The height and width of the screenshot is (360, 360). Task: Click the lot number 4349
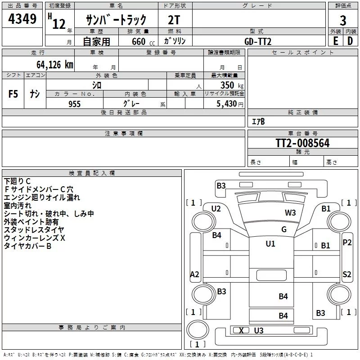point(22,18)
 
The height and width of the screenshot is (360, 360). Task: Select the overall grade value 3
point(343,20)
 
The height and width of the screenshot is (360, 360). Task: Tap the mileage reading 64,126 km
point(55,64)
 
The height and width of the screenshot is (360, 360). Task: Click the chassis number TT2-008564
point(302,143)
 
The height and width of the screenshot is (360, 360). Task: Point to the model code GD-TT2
point(258,41)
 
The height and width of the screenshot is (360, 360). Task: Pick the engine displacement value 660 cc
point(143,41)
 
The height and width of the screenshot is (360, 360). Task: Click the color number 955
point(75,104)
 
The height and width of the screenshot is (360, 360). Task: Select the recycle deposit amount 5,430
point(227,103)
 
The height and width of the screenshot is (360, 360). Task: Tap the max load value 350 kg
point(232,85)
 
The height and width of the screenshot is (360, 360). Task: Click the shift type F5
point(13,94)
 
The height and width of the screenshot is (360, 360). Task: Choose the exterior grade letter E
point(336,41)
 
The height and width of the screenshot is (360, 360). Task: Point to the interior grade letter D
point(350,41)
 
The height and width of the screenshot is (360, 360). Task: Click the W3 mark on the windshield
point(290,213)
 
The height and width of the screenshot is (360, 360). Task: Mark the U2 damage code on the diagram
point(216,209)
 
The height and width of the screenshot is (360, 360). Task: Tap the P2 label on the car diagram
point(347,243)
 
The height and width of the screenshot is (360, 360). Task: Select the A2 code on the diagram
point(195,274)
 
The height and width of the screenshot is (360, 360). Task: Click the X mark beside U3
point(241,331)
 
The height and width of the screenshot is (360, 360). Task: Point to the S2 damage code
point(346,274)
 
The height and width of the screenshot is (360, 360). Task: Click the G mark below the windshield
point(284,229)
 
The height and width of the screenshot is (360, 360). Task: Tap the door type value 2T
point(174,20)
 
